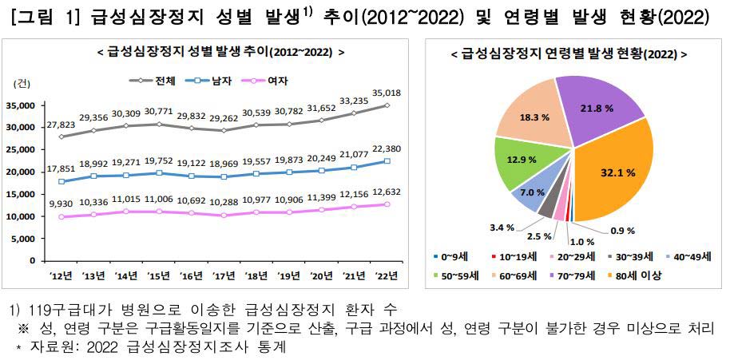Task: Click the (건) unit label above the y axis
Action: (x=22, y=83)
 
